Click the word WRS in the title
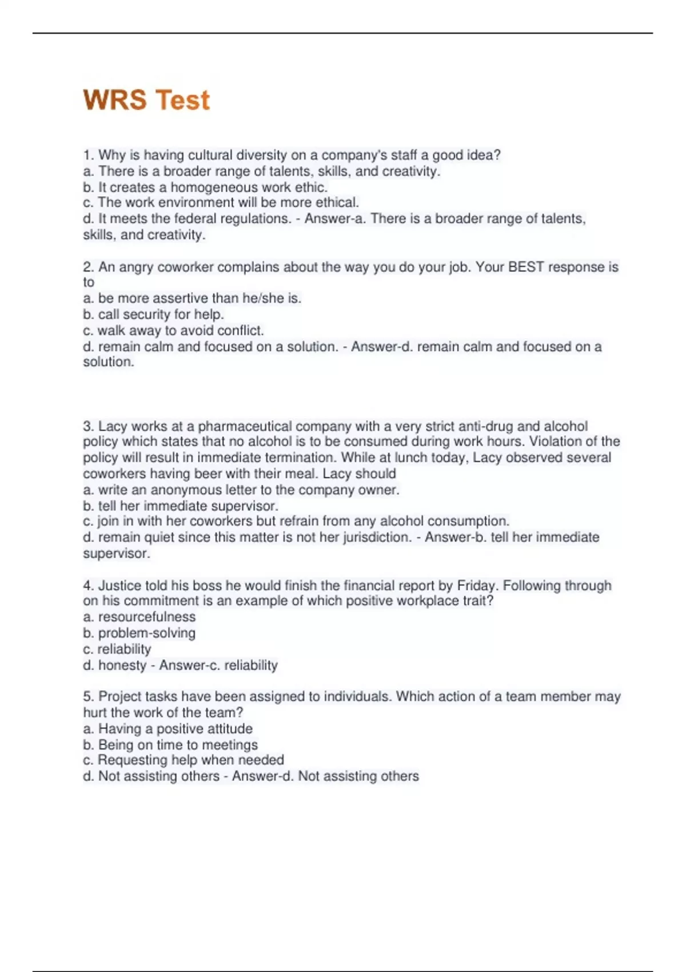point(115,100)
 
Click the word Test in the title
point(182,100)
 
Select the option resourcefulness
point(146,617)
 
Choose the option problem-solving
point(146,633)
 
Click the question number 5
point(89,696)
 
